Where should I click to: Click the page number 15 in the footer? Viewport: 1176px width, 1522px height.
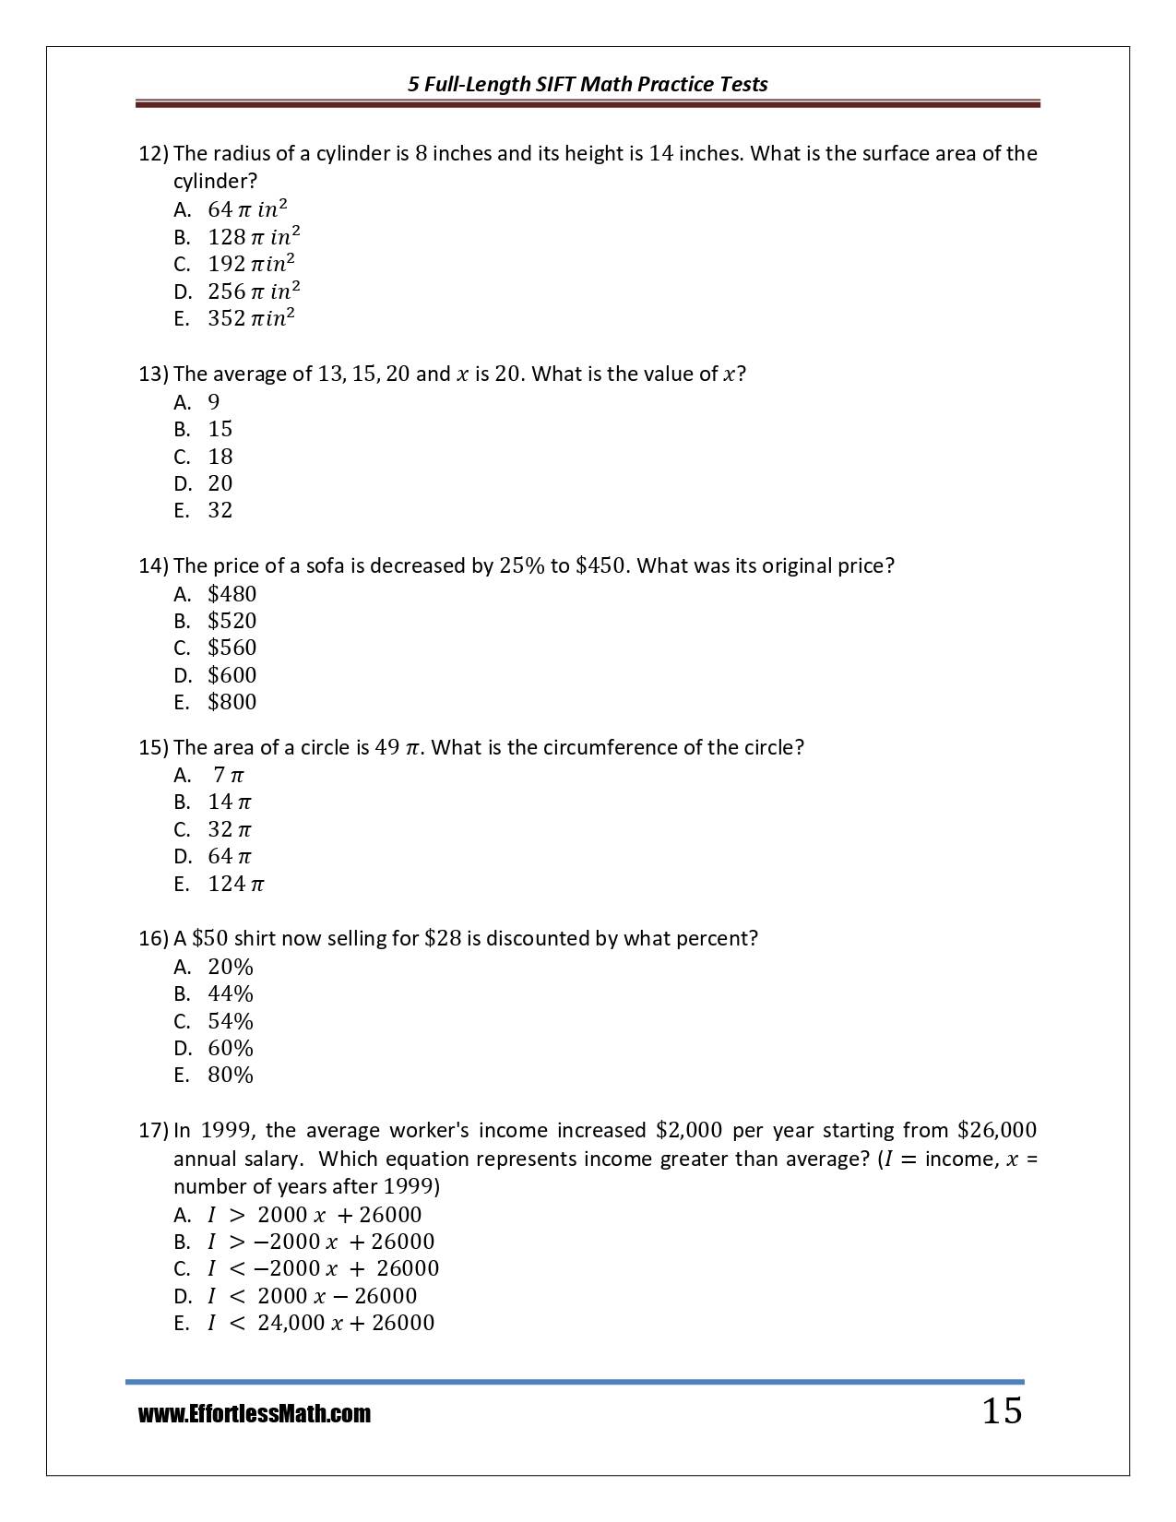[x=1002, y=1411]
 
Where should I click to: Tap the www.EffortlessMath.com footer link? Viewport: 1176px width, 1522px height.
[x=255, y=1414]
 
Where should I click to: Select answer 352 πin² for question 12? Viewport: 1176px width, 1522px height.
[x=251, y=318]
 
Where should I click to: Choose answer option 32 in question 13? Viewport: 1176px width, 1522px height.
[x=220, y=510]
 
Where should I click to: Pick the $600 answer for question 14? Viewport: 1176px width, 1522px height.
[x=232, y=675]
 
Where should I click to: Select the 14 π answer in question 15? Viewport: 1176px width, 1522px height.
[x=230, y=802]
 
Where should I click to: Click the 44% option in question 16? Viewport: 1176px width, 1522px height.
[x=231, y=993]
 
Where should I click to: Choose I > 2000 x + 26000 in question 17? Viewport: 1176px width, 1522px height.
[x=314, y=1215]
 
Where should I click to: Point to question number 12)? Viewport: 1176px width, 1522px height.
[x=153, y=153]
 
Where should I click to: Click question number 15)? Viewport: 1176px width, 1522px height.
[x=153, y=747]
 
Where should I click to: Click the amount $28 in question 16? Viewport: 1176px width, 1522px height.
[x=442, y=938]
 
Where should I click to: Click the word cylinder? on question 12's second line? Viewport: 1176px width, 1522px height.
[x=215, y=181]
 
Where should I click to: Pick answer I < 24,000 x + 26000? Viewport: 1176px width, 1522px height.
[x=320, y=1323]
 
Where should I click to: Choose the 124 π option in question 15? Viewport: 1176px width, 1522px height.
[x=236, y=884]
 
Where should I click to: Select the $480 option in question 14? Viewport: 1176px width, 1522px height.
[x=232, y=594]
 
